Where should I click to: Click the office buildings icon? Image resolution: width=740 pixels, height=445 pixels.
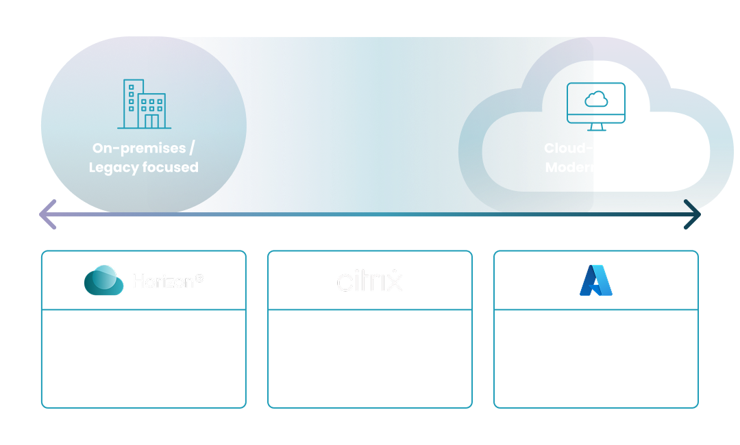coord(145,104)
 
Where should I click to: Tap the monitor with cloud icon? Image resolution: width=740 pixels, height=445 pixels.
coord(596,106)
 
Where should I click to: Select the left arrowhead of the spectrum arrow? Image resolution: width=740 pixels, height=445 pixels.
coord(47,214)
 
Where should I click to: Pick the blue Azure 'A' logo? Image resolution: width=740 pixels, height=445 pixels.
coord(595,280)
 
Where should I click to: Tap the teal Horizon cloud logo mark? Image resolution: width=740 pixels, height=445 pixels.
coord(103,281)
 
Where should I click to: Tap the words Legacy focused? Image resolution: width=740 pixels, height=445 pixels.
coord(143,168)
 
